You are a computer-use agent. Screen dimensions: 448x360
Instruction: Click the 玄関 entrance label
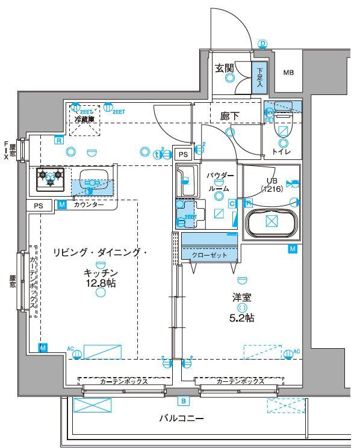[225, 67]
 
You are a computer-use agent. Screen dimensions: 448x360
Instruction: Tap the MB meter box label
[289, 73]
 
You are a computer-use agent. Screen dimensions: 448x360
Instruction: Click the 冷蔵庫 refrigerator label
[85, 119]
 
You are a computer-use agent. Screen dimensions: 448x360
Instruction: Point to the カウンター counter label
[88, 205]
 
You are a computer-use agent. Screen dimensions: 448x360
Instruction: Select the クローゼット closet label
[209, 255]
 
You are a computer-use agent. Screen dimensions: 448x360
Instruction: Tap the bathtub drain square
[272, 221]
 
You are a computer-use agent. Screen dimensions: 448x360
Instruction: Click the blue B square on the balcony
[183, 400]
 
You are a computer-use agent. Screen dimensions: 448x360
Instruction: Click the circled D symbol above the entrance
[262, 43]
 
